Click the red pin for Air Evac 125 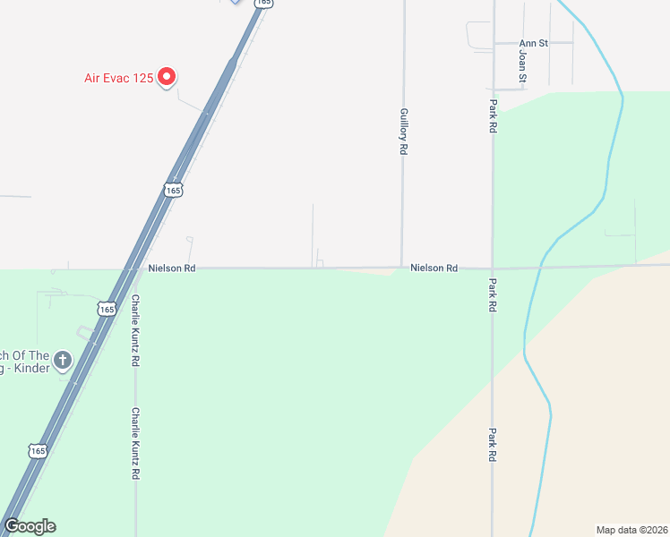[166, 78]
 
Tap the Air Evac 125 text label [119, 78]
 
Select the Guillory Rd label [404, 133]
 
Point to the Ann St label [533, 43]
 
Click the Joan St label [522, 67]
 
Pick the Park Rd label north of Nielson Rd [493, 116]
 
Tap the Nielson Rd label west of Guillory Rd [172, 268]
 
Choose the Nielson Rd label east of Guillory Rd [434, 268]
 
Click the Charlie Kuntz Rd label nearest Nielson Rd [136, 330]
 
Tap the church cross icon [62, 360]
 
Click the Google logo [30, 526]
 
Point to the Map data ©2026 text [631, 529]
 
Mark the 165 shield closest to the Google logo [38, 451]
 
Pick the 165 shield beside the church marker [107, 309]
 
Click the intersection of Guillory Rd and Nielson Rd [401, 267]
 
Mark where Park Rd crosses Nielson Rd [493, 267]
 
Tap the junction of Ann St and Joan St [522, 43]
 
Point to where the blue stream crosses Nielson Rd [539, 266]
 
